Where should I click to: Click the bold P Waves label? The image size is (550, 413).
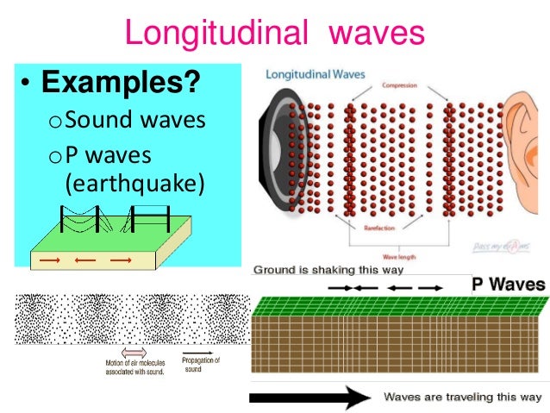(x=508, y=284)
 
